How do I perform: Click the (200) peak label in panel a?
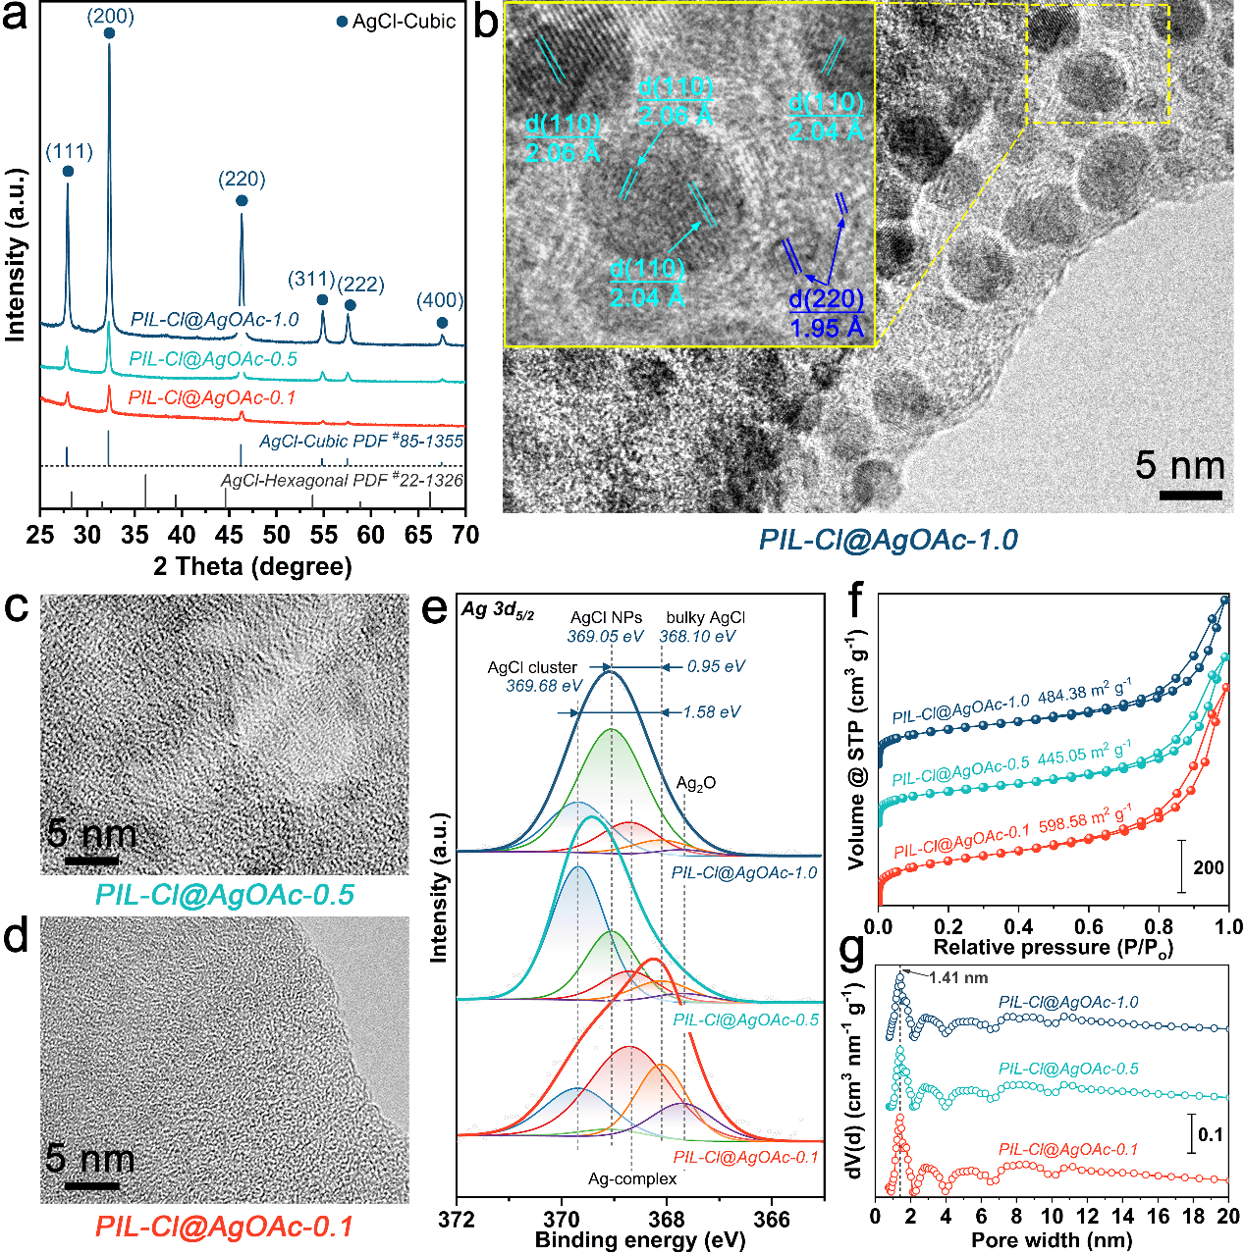(110, 17)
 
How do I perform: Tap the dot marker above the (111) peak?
(68, 171)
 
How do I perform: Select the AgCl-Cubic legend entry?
(397, 22)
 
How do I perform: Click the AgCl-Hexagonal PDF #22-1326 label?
(342, 480)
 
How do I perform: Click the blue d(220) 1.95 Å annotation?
(827, 313)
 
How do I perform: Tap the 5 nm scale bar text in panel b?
(1179, 465)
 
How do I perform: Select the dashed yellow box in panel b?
(1098, 63)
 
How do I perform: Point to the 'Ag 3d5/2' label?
(498, 610)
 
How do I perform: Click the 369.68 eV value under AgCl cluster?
(544, 686)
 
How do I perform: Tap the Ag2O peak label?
(696, 783)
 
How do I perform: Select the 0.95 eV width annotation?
(716, 666)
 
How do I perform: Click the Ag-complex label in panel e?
(632, 1178)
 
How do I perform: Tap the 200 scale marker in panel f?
(1208, 867)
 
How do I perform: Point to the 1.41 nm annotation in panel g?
(958, 977)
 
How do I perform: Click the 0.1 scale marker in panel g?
(1211, 1135)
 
